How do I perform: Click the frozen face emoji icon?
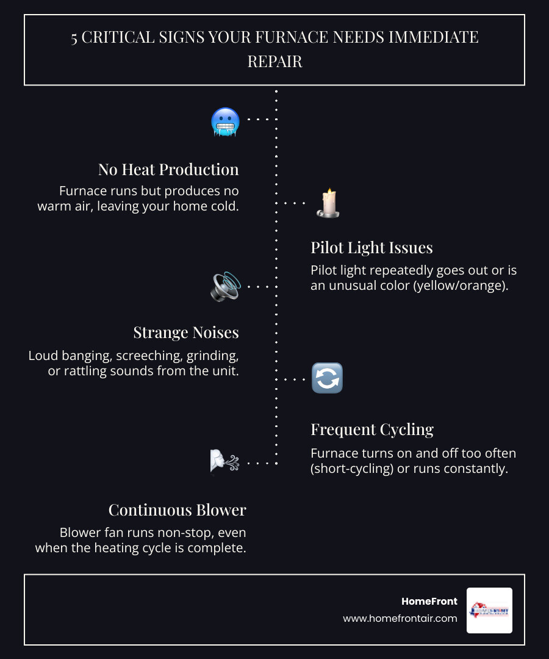click(225, 121)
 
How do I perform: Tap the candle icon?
click(328, 203)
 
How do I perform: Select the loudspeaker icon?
click(225, 286)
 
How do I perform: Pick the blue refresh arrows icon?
click(327, 378)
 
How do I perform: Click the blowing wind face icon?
click(224, 462)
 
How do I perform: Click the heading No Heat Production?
click(168, 170)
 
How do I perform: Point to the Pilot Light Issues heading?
click(371, 248)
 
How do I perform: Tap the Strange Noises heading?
click(186, 333)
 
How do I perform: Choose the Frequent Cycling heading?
click(372, 430)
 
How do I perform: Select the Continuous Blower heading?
click(177, 510)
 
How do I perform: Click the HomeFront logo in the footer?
click(489, 610)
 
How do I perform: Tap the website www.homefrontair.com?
click(400, 618)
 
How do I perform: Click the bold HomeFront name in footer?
click(429, 602)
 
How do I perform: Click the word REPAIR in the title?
click(274, 62)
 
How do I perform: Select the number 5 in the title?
click(74, 38)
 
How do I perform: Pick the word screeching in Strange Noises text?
click(157, 355)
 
